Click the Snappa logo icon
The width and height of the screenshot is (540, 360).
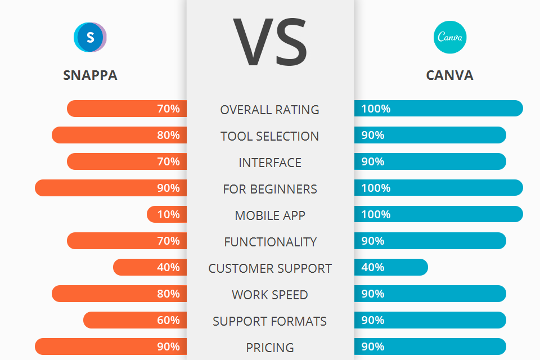click(x=90, y=38)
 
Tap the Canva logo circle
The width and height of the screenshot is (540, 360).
click(x=450, y=38)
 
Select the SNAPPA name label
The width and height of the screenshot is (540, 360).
click(x=90, y=75)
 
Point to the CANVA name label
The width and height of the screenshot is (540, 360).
click(x=449, y=75)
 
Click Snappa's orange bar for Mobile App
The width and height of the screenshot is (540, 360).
click(x=166, y=214)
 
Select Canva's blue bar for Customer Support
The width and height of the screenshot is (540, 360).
click(x=391, y=267)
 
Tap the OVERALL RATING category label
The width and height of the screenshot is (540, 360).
click(x=270, y=110)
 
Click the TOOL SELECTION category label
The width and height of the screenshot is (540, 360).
click(x=270, y=136)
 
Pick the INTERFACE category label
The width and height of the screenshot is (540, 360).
click(x=270, y=163)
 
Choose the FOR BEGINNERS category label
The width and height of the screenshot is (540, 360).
click(x=270, y=189)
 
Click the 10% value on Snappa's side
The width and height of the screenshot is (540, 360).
click(x=169, y=214)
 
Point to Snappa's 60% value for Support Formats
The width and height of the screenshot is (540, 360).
click(x=169, y=320)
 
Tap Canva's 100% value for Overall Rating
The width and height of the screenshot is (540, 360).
click(x=376, y=109)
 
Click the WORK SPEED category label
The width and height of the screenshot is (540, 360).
click(x=270, y=295)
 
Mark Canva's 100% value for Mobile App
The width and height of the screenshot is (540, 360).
click(x=376, y=214)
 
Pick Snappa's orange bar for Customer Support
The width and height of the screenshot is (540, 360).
click(x=150, y=267)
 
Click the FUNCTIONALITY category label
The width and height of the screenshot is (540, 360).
click(x=270, y=242)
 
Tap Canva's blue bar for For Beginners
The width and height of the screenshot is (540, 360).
click(x=439, y=188)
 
